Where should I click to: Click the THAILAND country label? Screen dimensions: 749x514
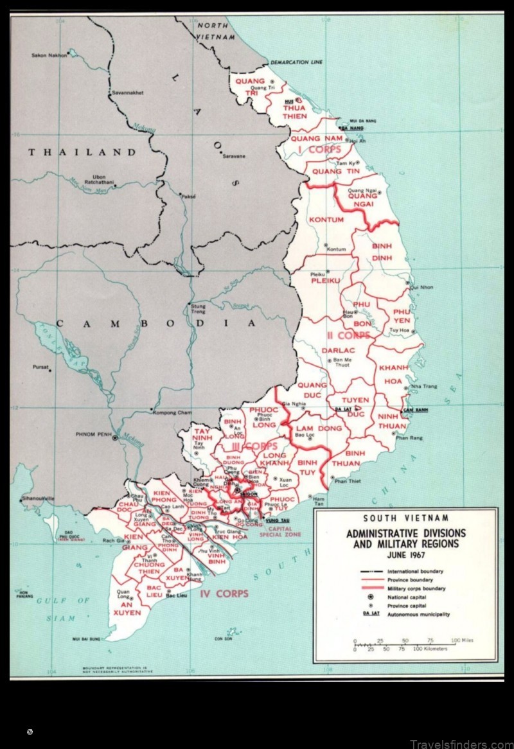click(x=82, y=152)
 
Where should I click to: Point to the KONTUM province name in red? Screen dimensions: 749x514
click(x=326, y=220)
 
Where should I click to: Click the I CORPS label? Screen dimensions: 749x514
click(x=319, y=150)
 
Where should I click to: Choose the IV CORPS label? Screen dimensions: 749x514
click(x=224, y=594)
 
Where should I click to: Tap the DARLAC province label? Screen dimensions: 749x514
click(x=333, y=350)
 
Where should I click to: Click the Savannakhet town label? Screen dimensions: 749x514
click(x=128, y=93)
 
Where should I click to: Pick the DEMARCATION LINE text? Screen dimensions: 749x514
click(x=296, y=63)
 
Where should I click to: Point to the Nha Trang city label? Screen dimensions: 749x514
click(x=424, y=386)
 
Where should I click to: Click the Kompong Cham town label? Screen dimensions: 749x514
click(x=172, y=412)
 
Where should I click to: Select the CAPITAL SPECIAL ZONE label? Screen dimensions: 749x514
click(x=279, y=531)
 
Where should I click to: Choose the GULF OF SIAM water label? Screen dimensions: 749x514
click(x=62, y=609)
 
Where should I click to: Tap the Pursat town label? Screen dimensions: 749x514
click(x=40, y=367)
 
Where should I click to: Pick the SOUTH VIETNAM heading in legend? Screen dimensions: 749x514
click(x=405, y=518)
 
